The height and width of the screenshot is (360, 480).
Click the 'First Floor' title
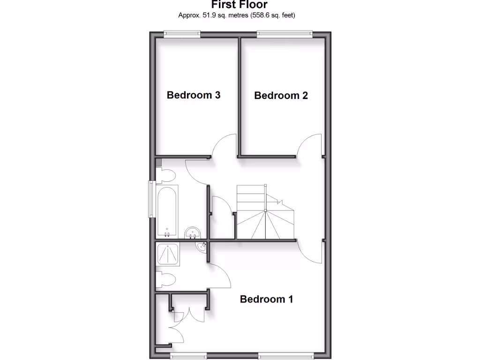tap(239, 5)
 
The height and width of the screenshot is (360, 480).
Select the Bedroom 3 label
tap(194, 95)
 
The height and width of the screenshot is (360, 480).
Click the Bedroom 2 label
tap(281, 96)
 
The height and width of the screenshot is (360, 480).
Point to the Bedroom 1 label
tap(266, 299)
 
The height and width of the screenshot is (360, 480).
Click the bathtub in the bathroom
tap(167, 211)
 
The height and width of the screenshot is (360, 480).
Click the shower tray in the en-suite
tap(167, 255)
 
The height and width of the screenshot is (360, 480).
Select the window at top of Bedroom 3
tap(182, 33)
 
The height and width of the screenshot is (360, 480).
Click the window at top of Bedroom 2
tap(285, 33)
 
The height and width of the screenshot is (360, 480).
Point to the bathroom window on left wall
tap(151, 199)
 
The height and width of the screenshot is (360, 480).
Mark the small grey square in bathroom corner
tap(158, 162)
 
